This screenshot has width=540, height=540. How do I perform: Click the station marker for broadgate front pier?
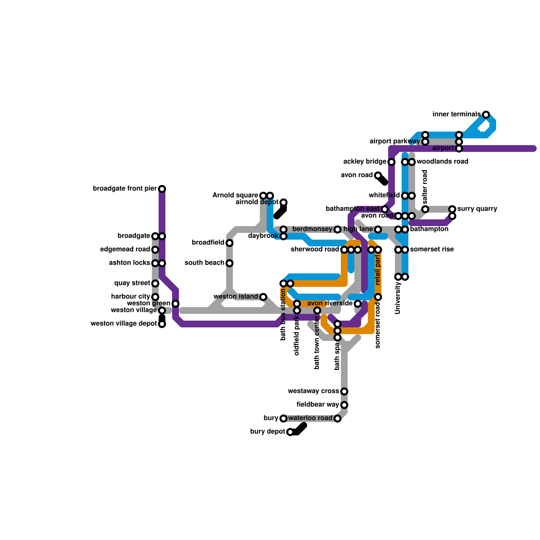click(x=162, y=189)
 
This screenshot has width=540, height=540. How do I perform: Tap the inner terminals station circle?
click(x=486, y=115)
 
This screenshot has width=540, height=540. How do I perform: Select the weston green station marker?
click(x=175, y=304)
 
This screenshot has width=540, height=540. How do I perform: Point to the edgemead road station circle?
click(x=155, y=250)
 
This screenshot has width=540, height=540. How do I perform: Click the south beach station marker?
click(x=230, y=263)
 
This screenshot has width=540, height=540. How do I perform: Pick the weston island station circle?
click(x=263, y=297)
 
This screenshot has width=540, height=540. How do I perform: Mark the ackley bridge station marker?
click(x=391, y=162)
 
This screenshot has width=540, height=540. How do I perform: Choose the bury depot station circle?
click(x=290, y=432)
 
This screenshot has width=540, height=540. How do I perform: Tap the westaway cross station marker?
click(x=344, y=391)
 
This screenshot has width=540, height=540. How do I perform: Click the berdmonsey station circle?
click(x=337, y=230)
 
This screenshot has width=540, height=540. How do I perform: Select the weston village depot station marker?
click(x=162, y=324)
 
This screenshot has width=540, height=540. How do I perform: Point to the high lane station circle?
click(x=378, y=230)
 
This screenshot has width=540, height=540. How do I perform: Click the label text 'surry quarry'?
click(x=477, y=209)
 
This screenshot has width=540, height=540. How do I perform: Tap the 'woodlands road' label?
click(x=442, y=162)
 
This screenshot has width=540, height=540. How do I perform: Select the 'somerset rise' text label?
click(x=432, y=249)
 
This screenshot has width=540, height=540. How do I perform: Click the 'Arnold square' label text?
click(x=235, y=195)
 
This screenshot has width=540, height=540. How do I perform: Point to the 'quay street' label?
click(x=132, y=283)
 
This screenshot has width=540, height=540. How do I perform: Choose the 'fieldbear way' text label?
click(x=318, y=405)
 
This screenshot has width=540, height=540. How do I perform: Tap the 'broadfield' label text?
click(x=208, y=243)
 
